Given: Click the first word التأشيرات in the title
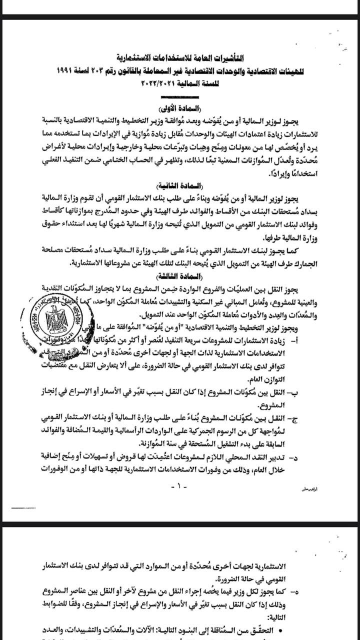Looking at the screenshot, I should tap(240, 55).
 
